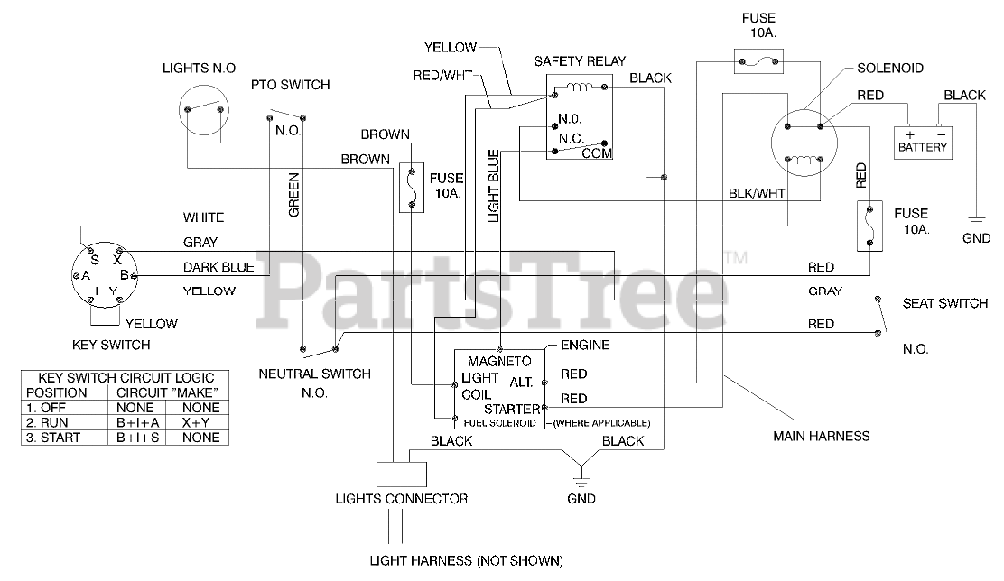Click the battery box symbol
pyautogui.click(x=924, y=143)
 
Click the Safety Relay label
pyautogui.click(x=580, y=61)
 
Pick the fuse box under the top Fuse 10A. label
pyautogui.click(x=758, y=61)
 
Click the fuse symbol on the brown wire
pyautogui.click(x=412, y=188)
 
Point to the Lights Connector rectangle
pyautogui.click(x=402, y=475)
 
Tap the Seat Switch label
pyautogui.click(x=945, y=303)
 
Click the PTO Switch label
pyautogui.click(x=290, y=85)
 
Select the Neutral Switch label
pyautogui.click(x=314, y=373)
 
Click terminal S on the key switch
pyautogui.click(x=95, y=260)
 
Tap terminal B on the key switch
pyautogui.click(x=125, y=275)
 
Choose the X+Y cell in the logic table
pyautogui.click(x=200, y=422)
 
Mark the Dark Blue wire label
pyautogui.click(x=218, y=267)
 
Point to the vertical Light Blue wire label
pyautogui.click(x=494, y=186)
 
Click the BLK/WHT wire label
pyautogui.click(x=757, y=193)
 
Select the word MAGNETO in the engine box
pyautogui.click(x=499, y=362)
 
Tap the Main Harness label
pyautogui.click(x=822, y=437)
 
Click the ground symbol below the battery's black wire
pyautogui.click(x=976, y=223)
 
